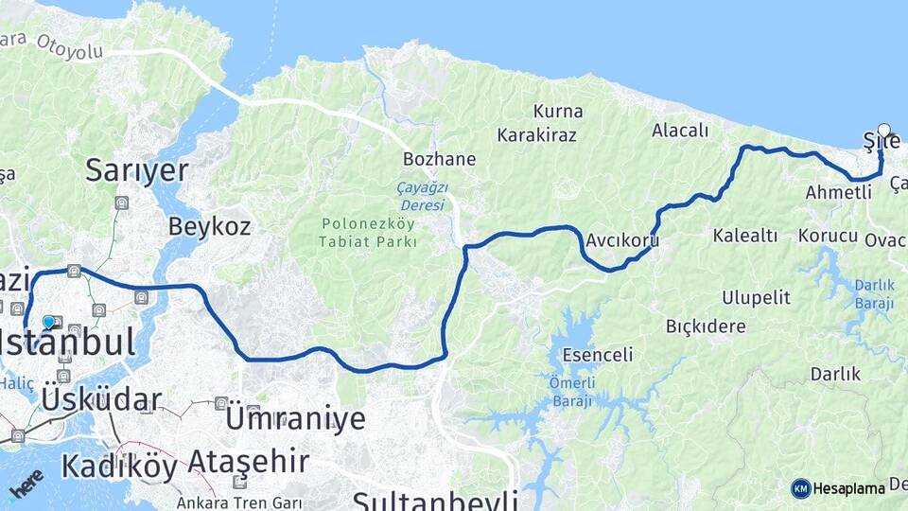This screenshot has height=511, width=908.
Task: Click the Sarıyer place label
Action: coord(137,170)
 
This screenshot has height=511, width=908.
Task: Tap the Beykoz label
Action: coord(209,226)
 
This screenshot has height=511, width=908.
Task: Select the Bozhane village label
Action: coord(439,158)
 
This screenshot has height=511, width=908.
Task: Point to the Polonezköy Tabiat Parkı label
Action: coord(370,233)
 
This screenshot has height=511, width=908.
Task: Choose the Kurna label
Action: coord(558,112)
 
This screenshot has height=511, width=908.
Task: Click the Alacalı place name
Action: coord(680,131)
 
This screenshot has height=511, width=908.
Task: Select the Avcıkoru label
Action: coord(621,240)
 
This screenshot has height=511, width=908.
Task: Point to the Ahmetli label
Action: coord(838,193)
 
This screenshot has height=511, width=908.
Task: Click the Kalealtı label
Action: coord(745,235)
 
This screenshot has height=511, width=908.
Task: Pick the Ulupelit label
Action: coord(756,297)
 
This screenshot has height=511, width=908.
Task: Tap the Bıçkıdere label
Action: coord(706,326)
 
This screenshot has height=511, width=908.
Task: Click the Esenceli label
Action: coord(597,355)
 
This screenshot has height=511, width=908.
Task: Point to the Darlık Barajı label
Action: coord(874,293)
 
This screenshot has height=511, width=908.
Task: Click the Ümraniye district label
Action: coord(295,417)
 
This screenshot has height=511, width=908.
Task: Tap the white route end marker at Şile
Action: coord(884,131)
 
